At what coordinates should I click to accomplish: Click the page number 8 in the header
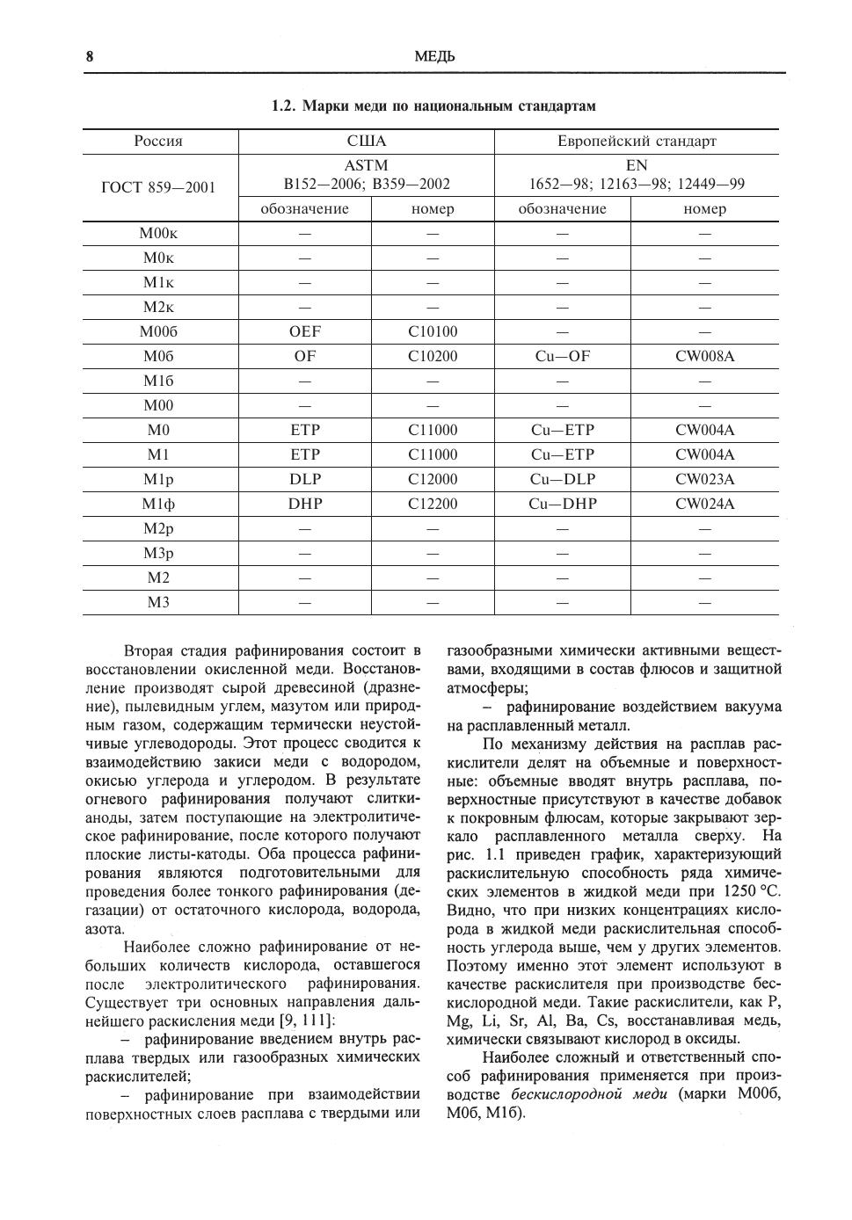(89, 57)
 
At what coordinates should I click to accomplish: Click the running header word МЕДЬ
(434, 57)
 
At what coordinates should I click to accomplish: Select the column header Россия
(158, 141)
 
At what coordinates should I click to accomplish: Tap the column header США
(366, 141)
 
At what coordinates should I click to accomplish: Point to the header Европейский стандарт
(637, 141)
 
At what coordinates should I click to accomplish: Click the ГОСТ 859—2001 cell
(158, 186)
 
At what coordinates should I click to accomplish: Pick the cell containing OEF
(305, 331)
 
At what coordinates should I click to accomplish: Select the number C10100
(433, 331)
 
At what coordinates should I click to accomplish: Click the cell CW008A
(704, 356)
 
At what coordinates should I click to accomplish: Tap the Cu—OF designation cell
(562, 356)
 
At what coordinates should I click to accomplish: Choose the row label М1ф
(158, 504)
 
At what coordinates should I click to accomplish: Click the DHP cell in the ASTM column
(305, 504)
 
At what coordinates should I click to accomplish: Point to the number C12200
(433, 504)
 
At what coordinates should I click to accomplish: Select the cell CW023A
(704, 479)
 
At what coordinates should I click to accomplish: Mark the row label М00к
(158, 233)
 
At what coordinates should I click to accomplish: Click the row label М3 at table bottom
(158, 602)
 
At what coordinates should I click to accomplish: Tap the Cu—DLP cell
(562, 479)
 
